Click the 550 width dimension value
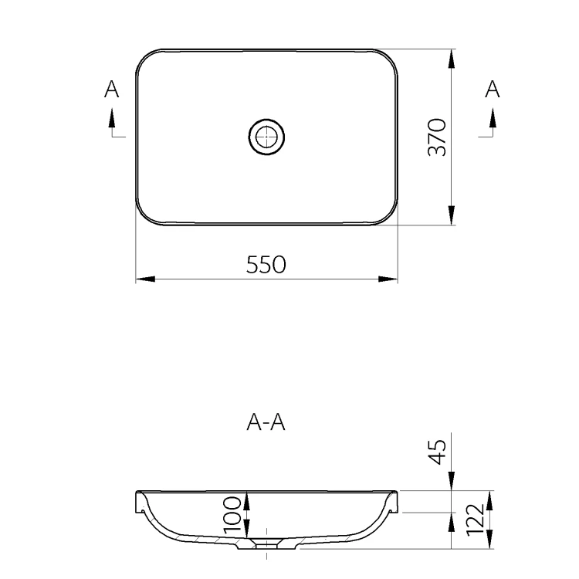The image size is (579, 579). (x=266, y=264)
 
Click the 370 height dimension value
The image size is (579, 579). (x=437, y=137)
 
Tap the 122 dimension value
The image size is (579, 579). (x=475, y=520)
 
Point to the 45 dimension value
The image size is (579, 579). (x=437, y=452)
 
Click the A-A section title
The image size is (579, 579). (x=266, y=422)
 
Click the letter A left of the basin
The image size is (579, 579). (x=111, y=89)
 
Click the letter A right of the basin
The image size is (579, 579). (x=493, y=89)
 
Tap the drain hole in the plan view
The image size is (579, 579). (x=266, y=137)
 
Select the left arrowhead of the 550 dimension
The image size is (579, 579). (x=145, y=279)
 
